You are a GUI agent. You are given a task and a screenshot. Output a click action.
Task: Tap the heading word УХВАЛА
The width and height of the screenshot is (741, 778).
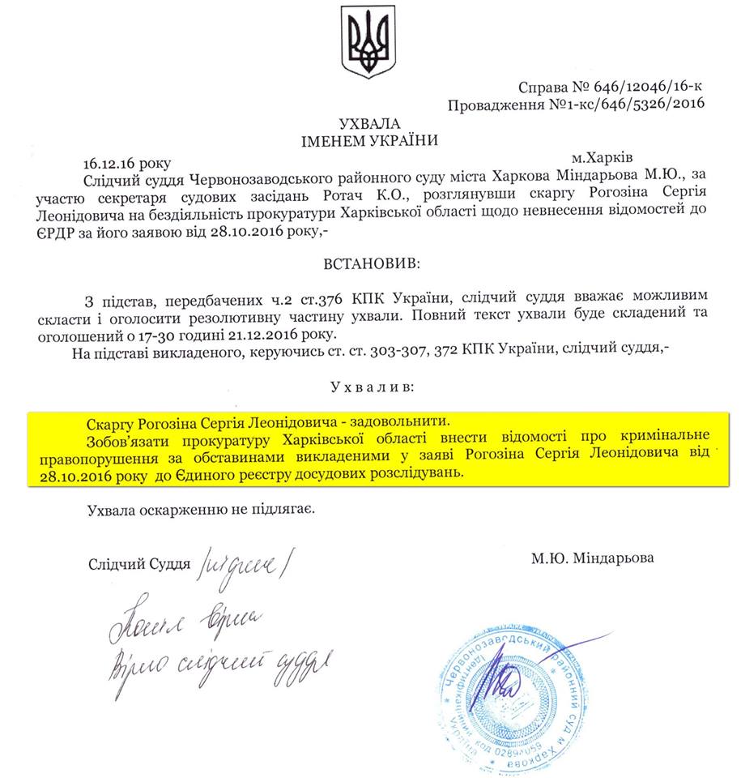(x=370, y=123)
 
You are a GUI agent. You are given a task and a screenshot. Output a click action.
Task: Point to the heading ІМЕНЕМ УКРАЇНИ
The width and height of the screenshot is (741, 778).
(x=370, y=139)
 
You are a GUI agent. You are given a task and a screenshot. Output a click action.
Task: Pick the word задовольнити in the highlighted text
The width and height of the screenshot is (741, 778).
(x=402, y=423)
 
